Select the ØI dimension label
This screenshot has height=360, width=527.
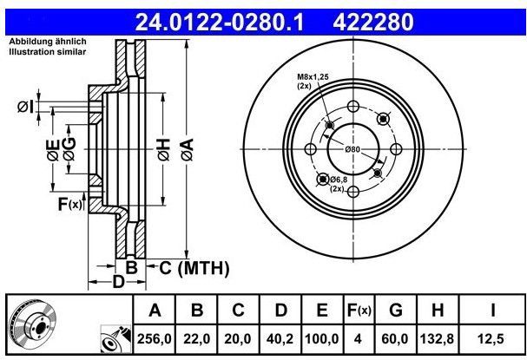[x=25, y=107]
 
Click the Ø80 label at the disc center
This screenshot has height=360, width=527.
[x=352, y=149]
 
